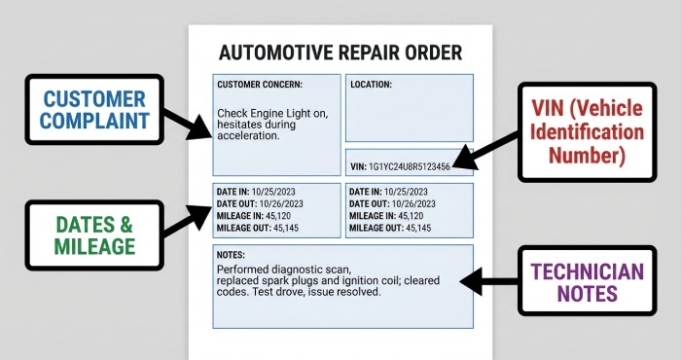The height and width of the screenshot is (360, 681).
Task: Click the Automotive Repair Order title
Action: click(340, 53)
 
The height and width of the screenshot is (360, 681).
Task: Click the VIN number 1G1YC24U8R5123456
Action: click(409, 166)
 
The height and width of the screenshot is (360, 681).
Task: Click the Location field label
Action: click(371, 85)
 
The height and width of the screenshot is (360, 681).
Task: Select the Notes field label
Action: click(233, 253)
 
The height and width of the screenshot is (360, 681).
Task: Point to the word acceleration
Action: click(248, 135)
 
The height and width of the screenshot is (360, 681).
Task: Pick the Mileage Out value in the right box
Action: click(419, 228)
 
